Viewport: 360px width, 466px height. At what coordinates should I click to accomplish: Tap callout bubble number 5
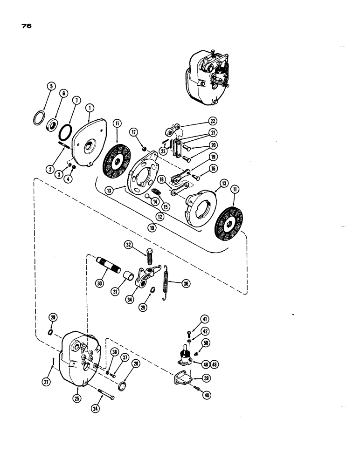(51, 86)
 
